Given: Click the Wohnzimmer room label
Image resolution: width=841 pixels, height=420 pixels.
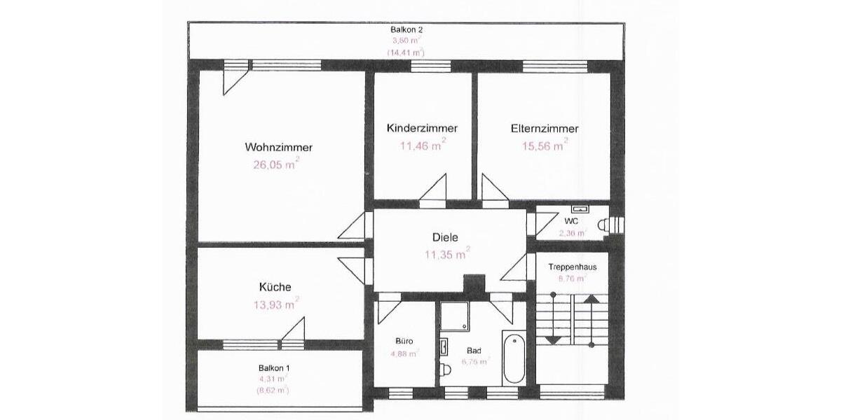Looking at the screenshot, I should pyautogui.click(x=278, y=148).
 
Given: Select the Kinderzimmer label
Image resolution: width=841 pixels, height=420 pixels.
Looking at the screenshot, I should pyautogui.click(x=422, y=129).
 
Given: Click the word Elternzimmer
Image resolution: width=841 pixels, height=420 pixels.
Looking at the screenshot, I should pyautogui.click(x=545, y=129).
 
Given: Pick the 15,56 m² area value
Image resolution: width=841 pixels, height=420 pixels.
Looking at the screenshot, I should pyautogui.click(x=543, y=146).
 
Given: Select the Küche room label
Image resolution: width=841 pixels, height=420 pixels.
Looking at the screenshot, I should pyautogui.click(x=275, y=287).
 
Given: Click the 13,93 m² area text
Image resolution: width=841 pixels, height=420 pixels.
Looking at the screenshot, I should pyautogui.click(x=275, y=304).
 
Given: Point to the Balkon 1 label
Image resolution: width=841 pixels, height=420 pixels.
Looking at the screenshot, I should pyautogui.click(x=274, y=368).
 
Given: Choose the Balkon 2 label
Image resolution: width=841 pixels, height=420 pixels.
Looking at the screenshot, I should pyautogui.click(x=406, y=30).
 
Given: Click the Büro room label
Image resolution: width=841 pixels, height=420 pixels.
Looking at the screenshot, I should pyautogui.click(x=404, y=341).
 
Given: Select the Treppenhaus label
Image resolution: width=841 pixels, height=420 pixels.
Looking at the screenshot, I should pyautogui.click(x=572, y=267).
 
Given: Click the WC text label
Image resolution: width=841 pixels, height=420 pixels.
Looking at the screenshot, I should pyautogui.click(x=571, y=221).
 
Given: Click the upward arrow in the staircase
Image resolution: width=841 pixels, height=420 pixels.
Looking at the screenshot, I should pyautogui.click(x=592, y=300).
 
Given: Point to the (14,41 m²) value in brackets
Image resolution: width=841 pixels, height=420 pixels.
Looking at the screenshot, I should pyautogui.click(x=406, y=52).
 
